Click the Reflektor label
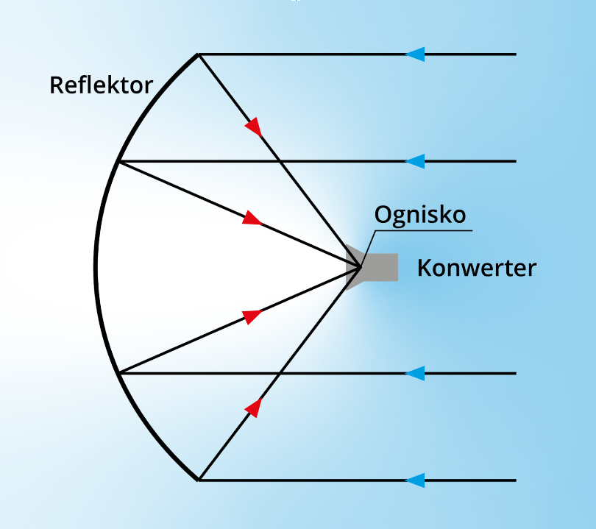pyautogui.click(x=101, y=85)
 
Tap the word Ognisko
pyautogui.click(x=420, y=215)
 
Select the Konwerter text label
pyautogui.click(x=477, y=268)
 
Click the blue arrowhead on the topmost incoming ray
pyautogui.click(x=415, y=54)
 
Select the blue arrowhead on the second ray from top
pyautogui.click(x=415, y=161)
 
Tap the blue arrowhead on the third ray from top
pyautogui.click(x=415, y=373)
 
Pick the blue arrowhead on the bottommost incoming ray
pyautogui.click(x=415, y=480)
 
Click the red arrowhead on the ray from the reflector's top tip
pyautogui.click(x=254, y=127)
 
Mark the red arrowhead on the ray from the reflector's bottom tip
pyautogui.click(x=254, y=407)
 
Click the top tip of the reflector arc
pyautogui.click(x=198, y=54)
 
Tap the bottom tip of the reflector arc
pyautogui.click(x=198, y=480)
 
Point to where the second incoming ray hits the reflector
pyautogui.click(x=118, y=161)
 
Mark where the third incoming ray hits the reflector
pyautogui.click(x=118, y=373)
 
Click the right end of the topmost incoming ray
pyautogui.click(x=515, y=54)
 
